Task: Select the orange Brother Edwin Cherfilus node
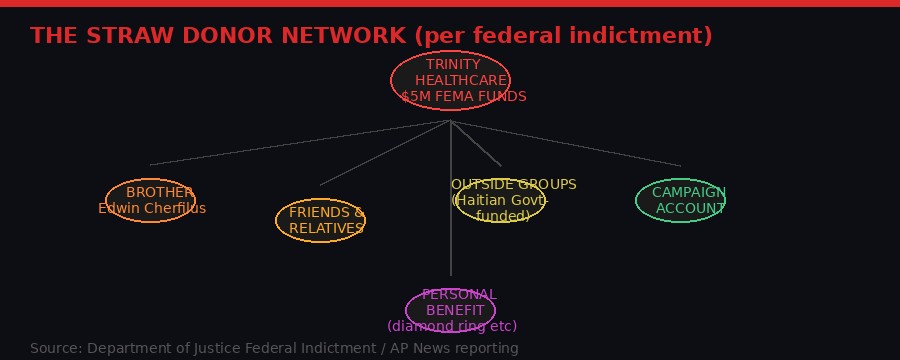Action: point(150,200)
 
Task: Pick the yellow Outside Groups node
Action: point(500,200)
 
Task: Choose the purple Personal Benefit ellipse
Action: point(450,310)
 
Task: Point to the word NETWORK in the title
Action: point(346,36)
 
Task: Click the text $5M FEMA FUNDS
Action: point(463,97)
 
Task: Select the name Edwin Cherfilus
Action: point(152,209)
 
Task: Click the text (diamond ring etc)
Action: point(452,326)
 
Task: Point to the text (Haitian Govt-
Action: point(500,200)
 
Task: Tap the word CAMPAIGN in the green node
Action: point(689,193)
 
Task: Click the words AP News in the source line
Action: point(412,349)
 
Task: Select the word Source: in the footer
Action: point(56,349)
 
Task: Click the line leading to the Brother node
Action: point(300,143)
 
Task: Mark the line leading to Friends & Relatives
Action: point(385,153)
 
